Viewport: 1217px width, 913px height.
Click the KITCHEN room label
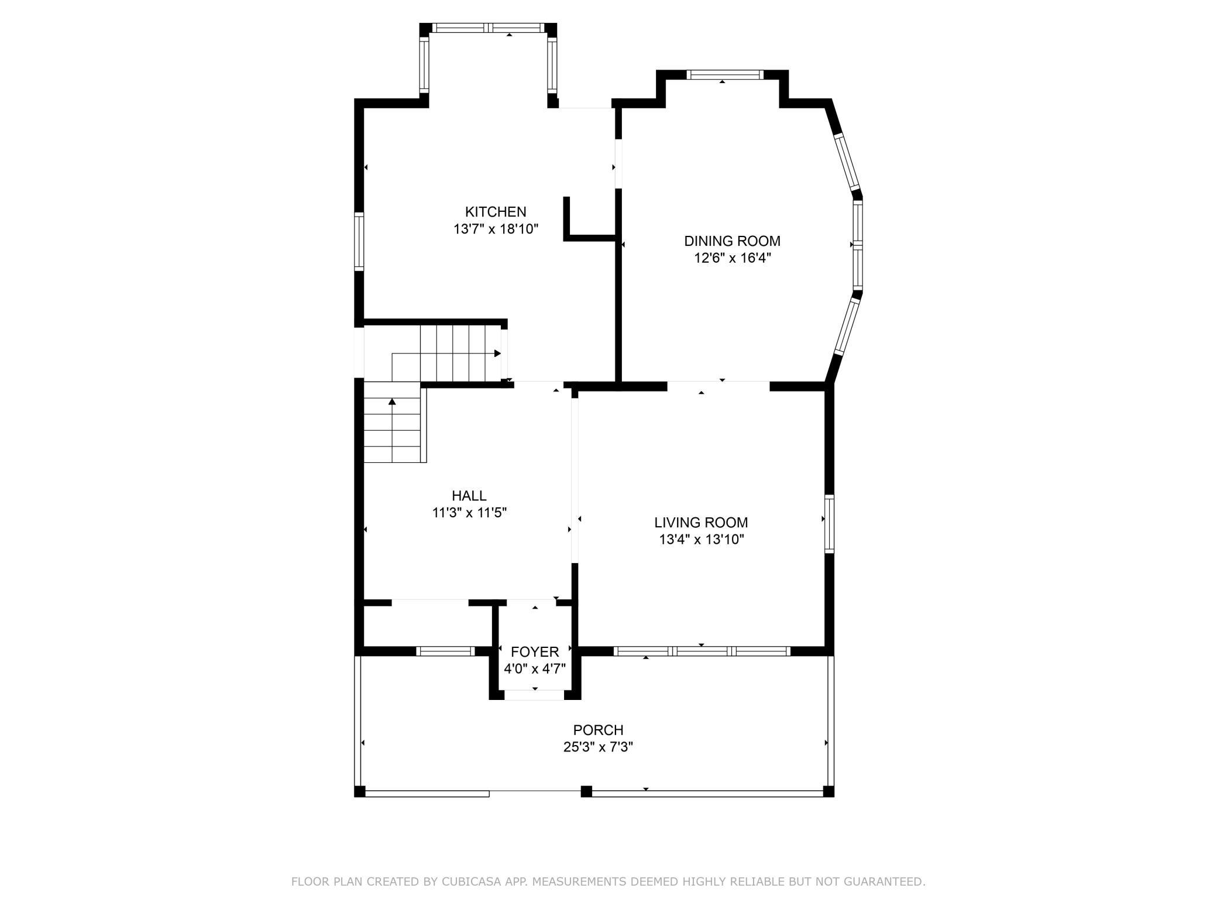[x=496, y=212]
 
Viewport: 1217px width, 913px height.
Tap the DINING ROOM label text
[x=732, y=241]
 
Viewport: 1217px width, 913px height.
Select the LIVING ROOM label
[x=701, y=523]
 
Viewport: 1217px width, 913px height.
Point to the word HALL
[x=469, y=496]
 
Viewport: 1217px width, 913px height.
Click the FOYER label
[x=535, y=652]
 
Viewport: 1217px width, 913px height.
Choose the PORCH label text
[x=598, y=730]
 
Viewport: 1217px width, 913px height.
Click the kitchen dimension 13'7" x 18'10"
[x=496, y=229]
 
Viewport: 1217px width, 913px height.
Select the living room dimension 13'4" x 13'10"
[x=701, y=540]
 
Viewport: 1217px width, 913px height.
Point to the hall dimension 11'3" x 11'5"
[x=469, y=513]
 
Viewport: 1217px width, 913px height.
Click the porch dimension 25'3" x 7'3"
[x=598, y=747]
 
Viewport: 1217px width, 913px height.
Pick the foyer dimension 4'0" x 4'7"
[x=535, y=668]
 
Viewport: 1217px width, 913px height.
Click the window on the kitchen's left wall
[x=359, y=241]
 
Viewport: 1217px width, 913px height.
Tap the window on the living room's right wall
[x=829, y=523]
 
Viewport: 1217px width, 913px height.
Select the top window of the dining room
[x=725, y=74]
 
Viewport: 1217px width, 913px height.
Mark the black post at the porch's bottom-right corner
[x=828, y=792]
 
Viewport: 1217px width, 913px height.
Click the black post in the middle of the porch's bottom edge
[x=586, y=792]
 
